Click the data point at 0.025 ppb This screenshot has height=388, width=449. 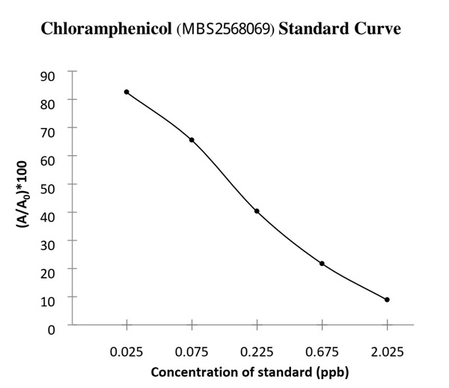(126, 92)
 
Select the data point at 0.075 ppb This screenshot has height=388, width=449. (192, 140)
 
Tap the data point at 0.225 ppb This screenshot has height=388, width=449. (257, 211)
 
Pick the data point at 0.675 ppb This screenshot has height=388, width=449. (322, 264)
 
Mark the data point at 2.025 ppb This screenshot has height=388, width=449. (387, 300)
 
